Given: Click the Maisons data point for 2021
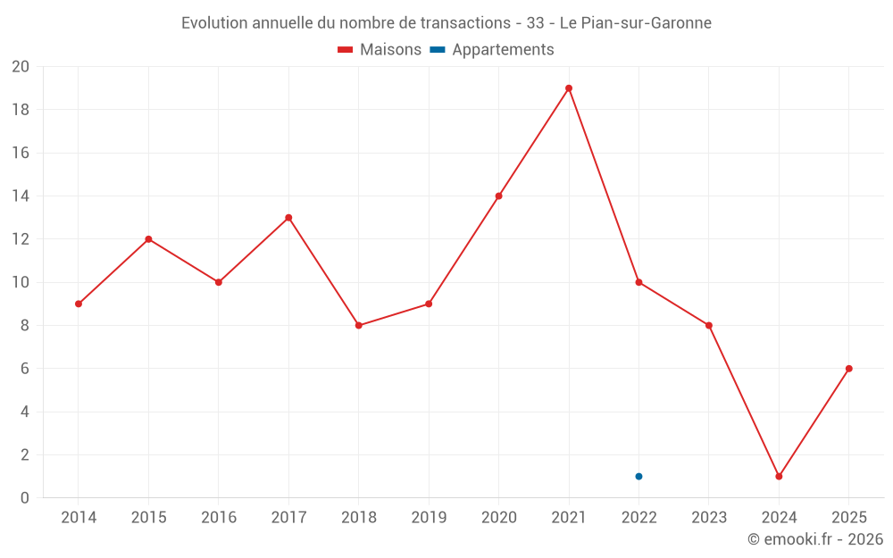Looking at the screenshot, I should [569, 88].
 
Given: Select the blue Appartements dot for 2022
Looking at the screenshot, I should [638, 476].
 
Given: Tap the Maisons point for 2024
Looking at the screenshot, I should [779, 476].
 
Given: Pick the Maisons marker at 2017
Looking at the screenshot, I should [288, 218].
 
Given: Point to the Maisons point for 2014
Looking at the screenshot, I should [79, 304].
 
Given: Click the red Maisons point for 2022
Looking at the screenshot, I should [638, 282].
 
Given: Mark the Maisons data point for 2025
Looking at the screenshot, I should [848, 369].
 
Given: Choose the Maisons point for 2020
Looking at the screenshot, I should [498, 196].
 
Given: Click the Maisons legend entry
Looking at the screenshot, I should [380, 50].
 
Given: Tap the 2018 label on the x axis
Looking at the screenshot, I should [358, 517].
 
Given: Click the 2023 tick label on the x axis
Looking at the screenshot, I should [709, 517].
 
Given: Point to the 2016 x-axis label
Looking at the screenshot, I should [219, 517].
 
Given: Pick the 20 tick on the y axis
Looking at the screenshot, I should [21, 67].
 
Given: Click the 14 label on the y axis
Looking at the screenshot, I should [21, 196].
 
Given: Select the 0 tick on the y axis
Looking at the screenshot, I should [25, 497].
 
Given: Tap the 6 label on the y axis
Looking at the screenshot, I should [25, 369].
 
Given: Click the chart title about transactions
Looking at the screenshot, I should [446, 23].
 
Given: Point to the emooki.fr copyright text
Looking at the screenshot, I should [815, 539].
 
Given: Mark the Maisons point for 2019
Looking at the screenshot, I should [429, 304].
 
